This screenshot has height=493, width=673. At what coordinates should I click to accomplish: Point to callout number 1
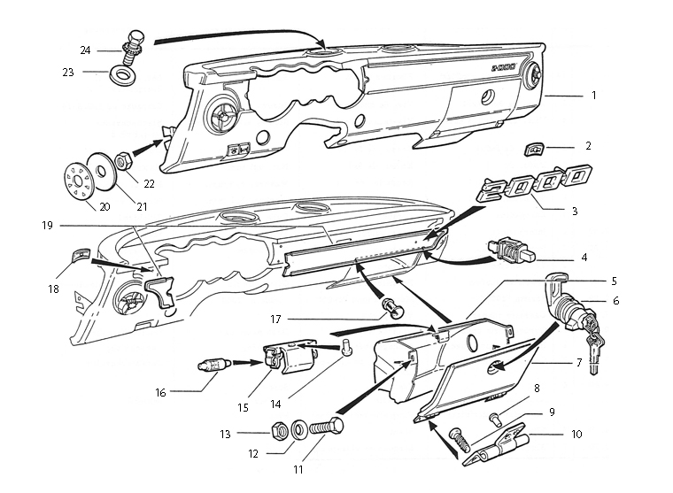pos(593,94)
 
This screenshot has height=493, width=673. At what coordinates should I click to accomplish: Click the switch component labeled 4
pos(509,250)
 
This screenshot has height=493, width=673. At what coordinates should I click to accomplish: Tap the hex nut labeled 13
pos(276,432)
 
